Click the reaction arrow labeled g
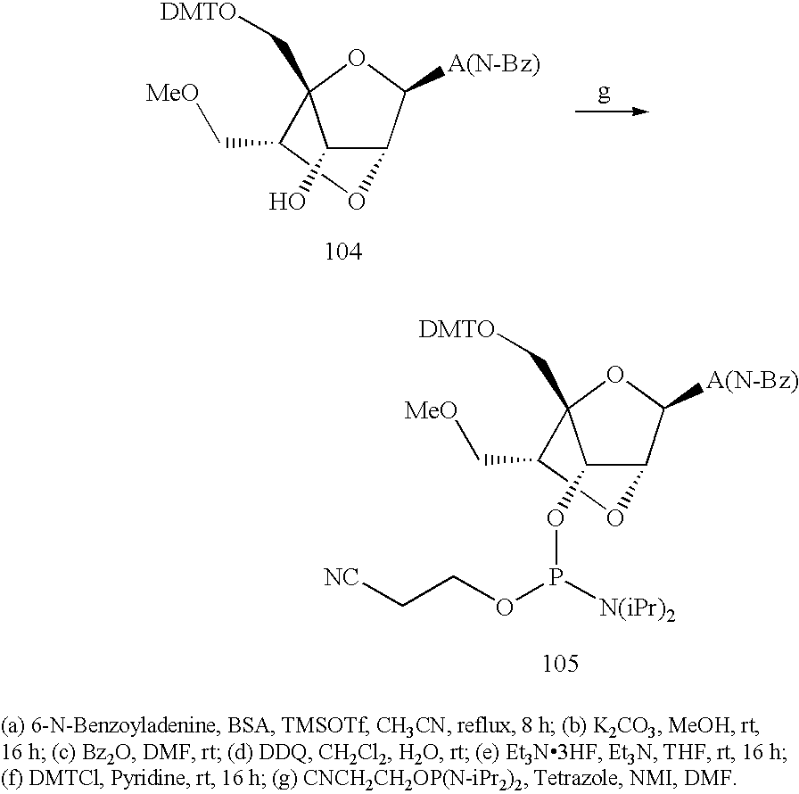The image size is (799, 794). pyautogui.click(x=612, y=112)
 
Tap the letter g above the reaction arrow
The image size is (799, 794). pyautogui.click(x=604, y=92)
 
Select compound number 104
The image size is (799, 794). pyautogui.click(x=344, y=252)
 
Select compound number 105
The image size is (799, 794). pyautogui.click(x=561, y=663)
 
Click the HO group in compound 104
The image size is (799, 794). pyautogui.click(x=287, y=203)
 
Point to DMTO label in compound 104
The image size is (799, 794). pyautogui.click(x=198, y=12)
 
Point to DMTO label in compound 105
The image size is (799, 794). pyautogui.click(x=457, y=330)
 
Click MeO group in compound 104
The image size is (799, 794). pyautogui.click(x=172, y=94)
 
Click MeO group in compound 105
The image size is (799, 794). pyautogui.click(x=431, y=410)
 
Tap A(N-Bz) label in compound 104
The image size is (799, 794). pyautogui.click(x=494, y=65)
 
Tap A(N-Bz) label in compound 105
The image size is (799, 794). pyautogui.click(x=752, y=381)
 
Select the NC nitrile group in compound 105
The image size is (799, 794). pyautogui.click(x=342, y=577)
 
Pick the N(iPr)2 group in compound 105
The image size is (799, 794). pyautogui.click(x=638, y=609)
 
